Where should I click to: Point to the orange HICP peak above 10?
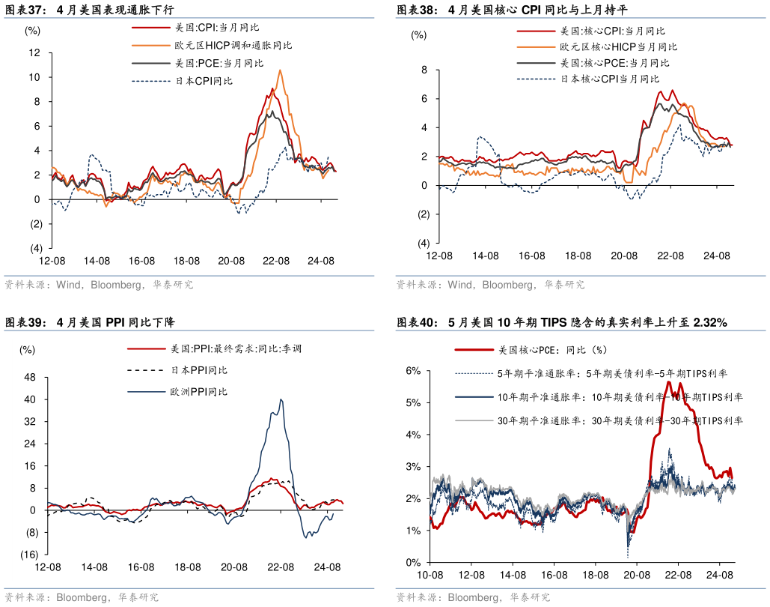click(x=280, y=70)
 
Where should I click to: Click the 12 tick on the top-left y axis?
click(x=34, y=52)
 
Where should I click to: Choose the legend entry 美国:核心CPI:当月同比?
click(x=612, y=31)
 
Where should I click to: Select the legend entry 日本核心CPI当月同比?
click(x=610, y=79)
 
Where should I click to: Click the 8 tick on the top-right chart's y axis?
click(x=424, y=70)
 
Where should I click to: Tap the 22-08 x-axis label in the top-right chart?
click(x=670, y=256)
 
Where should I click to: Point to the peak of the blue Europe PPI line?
click(x=281, y=399)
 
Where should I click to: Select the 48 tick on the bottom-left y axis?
click(x=31, y=378)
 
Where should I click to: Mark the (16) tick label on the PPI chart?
click(x=29, y=555)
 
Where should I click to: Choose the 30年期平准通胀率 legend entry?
click(x=620, y=421)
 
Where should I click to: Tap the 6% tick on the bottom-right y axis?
click(x=414, y=370)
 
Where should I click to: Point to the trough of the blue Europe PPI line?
click(x=306, y=537)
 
